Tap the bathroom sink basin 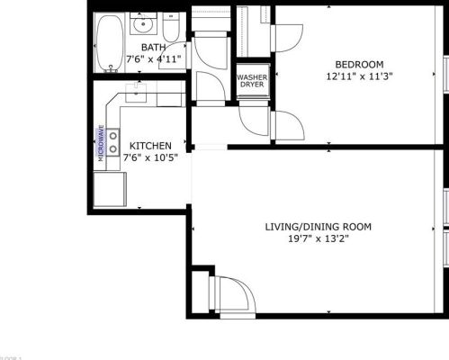point(141,23)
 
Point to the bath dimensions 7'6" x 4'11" point(153,59)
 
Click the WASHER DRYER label point(251,80)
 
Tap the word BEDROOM point(359,64)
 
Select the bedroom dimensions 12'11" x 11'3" point(359,76)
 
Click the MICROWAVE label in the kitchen point(101,142)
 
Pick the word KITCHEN point(150,145)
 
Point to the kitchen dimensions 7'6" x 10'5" point(150,157)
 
